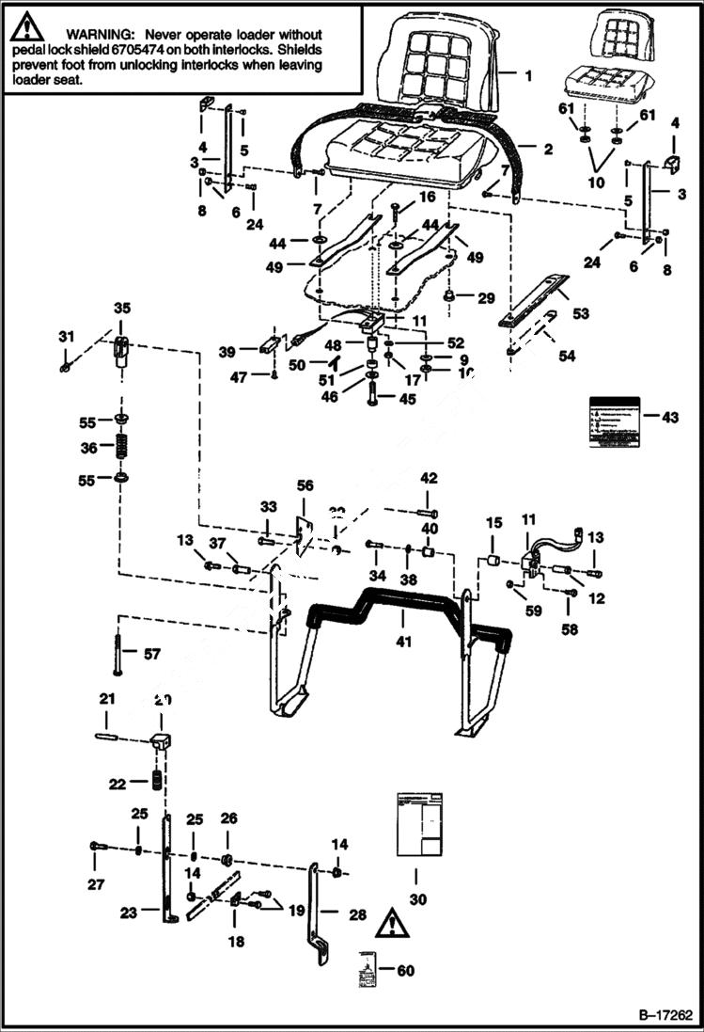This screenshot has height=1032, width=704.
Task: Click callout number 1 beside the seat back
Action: (x=528, y=74)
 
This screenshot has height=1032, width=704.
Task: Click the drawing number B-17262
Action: (x=665, y=1016)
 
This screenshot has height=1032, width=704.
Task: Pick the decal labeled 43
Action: (x=613, y=416)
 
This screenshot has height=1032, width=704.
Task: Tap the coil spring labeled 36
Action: (x=122, y=448)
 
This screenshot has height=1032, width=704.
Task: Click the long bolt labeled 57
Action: (x=117, y=650)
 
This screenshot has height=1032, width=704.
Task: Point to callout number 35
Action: (x=122, y=309)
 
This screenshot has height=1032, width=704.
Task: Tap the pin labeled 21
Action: (x=110, y=737)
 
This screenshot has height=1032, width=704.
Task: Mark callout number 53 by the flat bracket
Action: (x=580, y=313)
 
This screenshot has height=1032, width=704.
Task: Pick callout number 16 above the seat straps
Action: (x=428, y=198)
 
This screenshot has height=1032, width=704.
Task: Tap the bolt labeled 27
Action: (x=94, y=848)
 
